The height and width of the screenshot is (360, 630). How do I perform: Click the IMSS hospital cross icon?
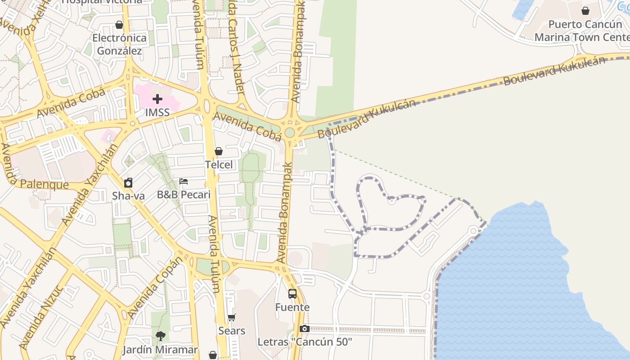pyautogui.click(x=157, y=99)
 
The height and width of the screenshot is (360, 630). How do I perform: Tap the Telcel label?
pyautogui.click(x=219, y=165)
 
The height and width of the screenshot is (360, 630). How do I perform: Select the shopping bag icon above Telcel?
pyautogui.click(x=219, y=151)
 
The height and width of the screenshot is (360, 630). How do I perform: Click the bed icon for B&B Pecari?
pyautogui.click(x=184, y=181)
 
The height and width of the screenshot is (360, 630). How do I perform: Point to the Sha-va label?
pyautogui.click(x=129, y=195)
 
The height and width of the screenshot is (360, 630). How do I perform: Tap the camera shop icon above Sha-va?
pyautogui.click(x=128, y=182)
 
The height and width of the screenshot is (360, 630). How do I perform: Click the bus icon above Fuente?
pyautogui.click(x=292, y=294)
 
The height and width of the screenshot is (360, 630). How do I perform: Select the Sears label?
pyautogui.click(x=232, y=331)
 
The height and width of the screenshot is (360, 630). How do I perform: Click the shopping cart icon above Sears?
pyautogui.click(x=232, y=318)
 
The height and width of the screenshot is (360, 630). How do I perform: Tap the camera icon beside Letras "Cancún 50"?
pyautogui.click(x=305, y=329)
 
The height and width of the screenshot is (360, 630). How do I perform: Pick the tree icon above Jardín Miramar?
pyautogui.click(x=160, y=336)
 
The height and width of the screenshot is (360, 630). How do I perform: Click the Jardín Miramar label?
pyautogui.click(x=160, y=350)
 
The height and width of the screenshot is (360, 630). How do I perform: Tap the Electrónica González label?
pyautogui.click(x=120, y=44)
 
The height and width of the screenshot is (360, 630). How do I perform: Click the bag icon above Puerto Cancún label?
pyautogui.click(x=585, y=11)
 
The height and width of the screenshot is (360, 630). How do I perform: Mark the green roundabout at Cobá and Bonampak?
pyautogui.click(x=289, y=132)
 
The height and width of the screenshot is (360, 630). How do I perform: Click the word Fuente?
pyautogui.click(x=292, y=307)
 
